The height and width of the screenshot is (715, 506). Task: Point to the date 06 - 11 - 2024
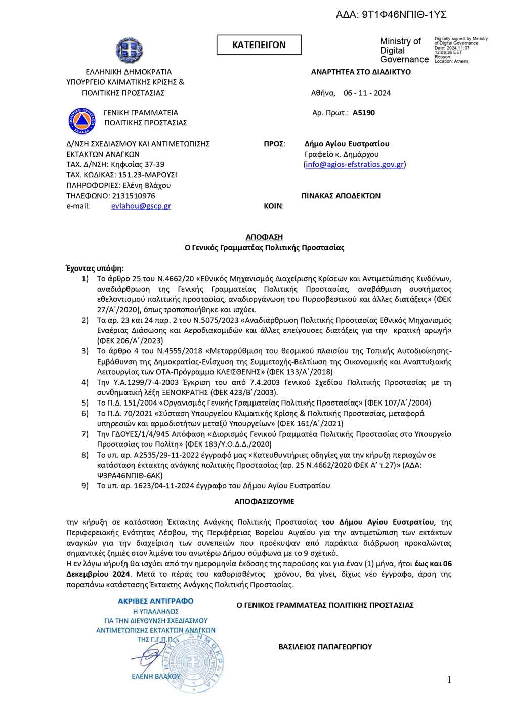pyautogui.click(x=367, y=93)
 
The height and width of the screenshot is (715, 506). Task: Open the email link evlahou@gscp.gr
pyautogui.click(x=141, y=206)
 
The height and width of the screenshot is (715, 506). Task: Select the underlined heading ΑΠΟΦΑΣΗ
pyautogui.click(x=264, y=237)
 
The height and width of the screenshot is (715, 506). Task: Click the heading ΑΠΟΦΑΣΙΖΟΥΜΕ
pyautogui.click(x=264, y=502)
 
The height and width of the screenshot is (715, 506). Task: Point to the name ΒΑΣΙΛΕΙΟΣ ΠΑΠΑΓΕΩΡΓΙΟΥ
pyautogui.click(x=325, y=647)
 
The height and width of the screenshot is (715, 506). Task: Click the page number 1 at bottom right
pyautogui.click(x=449, y=680)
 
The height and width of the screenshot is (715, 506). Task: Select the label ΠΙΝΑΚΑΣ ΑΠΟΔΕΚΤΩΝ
pyautogui.click(x=341, y=196)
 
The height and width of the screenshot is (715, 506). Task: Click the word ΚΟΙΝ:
pyautogui.click(x=274, y=206)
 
